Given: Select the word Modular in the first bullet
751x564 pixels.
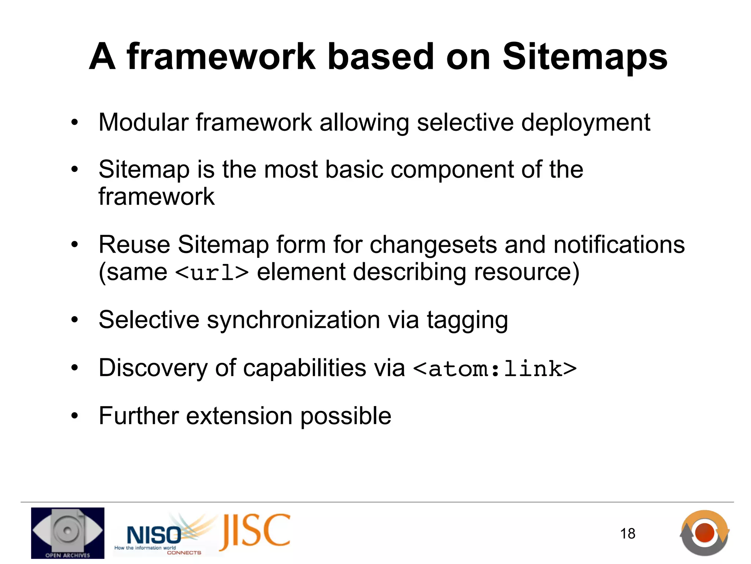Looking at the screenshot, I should tap(143, 122).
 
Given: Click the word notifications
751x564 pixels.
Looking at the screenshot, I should tap(619, 245).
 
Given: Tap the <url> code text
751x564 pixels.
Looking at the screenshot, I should tap(212, 273).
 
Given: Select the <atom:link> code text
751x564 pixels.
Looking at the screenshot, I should tap(495, 369).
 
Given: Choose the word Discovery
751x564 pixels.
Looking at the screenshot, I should tap(153, 368).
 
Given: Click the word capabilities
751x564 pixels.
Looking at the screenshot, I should tap(305, 368).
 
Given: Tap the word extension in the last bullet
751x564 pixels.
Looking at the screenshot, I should tap(239, 416).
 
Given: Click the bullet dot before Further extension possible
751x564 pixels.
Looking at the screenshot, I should tap(75, 416).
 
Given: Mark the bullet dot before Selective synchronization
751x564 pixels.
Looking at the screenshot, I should tap(75, 320).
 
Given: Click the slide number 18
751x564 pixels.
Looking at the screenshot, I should tap(627, 534).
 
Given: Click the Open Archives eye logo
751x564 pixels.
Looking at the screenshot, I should tap(67, 533).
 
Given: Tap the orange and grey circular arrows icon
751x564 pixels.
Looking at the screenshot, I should tap(704, 533).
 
